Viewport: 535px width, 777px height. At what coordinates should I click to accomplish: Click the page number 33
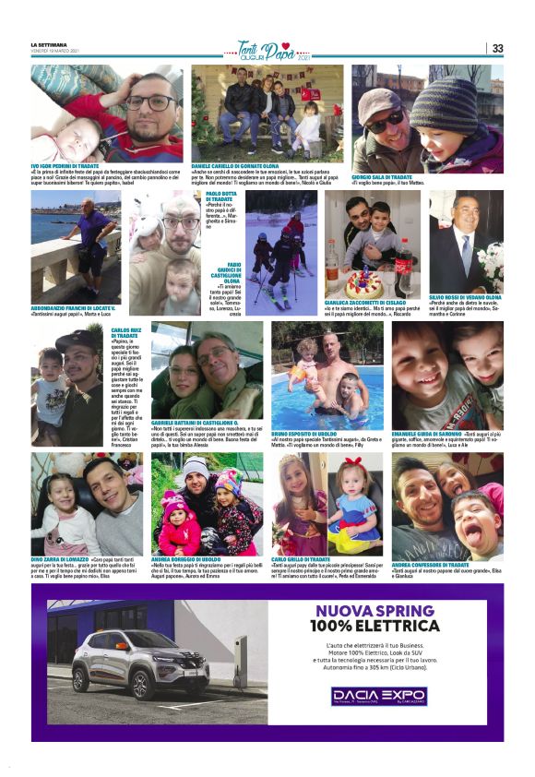(x=497, y=49)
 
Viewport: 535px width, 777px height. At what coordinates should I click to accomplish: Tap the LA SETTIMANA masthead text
(x=51, y=45)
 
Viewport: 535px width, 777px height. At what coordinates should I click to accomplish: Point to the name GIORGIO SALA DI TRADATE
(x=386, y=176)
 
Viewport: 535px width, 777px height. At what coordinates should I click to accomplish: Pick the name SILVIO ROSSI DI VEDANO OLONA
(x=466, y=297)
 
